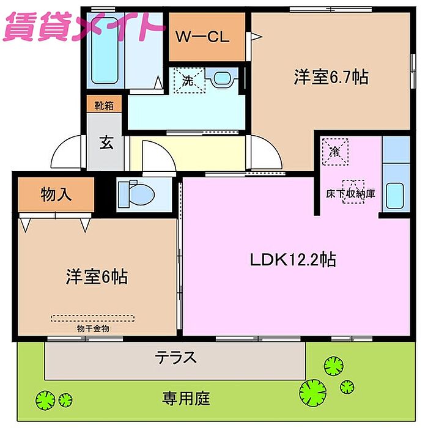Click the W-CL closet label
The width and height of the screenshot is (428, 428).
(x=202, y=37)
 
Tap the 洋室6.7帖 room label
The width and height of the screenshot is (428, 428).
(x=331, y=77)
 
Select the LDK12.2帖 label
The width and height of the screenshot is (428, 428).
(x=293, y=259)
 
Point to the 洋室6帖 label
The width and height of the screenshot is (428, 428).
(x=97, y=277)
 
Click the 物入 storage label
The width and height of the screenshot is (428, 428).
(x=56, y=194)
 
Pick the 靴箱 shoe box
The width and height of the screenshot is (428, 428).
(x=104, y=104)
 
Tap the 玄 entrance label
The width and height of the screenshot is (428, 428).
(x=106, y=142)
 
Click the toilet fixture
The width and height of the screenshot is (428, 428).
(x=136, y=194)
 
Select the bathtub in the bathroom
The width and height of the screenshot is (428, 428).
(x=105, y=51)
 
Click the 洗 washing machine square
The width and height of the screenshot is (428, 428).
(x=189, y=81)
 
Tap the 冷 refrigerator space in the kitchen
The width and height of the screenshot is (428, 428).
(x=335, y=152)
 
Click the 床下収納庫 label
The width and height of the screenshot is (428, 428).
(x=351, y=194)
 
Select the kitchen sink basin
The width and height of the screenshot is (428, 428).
(x=395, y=196)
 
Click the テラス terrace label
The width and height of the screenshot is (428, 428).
(x=175, y=357)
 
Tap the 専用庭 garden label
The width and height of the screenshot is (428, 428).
(x=186, y=399)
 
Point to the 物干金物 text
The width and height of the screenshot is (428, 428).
(x=93, y=329)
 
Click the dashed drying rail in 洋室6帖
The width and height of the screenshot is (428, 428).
(x=92, y=319)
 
